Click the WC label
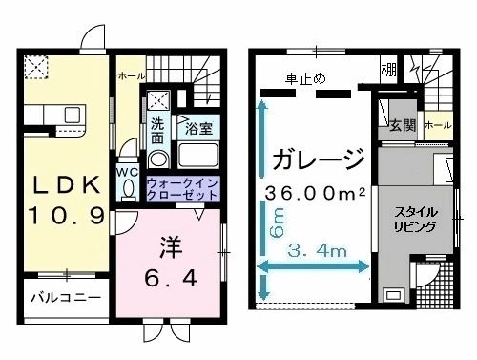[128, 171]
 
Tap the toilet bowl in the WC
[128, 188]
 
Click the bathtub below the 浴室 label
[199, 156]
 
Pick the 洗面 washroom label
[158, 130]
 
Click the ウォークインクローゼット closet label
[182, 188]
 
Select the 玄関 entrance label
[402, 125]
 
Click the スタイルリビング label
[417, 219]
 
